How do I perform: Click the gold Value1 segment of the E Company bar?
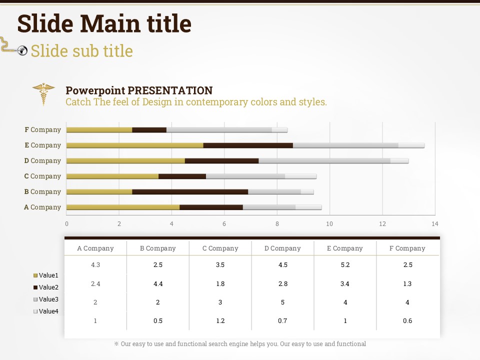click(x=134, y=145)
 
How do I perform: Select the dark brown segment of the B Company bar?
click(x=190, y=192)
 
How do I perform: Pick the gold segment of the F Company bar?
click(x=99, y=130)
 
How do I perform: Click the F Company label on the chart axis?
click(x=43, y=130)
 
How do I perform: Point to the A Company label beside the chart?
click(x=42, y=207)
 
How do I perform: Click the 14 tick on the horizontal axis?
click(x=434, y=224)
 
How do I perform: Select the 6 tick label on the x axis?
click(x=224, y=224)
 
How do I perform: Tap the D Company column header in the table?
click(x=282, y=248)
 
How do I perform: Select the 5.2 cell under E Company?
click(x=345, y=265)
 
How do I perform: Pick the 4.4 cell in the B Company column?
click(x=158, y=284)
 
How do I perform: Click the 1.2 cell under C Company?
click(x=220, y=321)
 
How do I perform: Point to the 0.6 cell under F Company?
click(x=407, y=321)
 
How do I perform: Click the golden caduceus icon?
click(x=44, y=93)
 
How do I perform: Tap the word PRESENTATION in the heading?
click(x=170, y=91)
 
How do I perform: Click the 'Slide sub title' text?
click(x=81, y=51)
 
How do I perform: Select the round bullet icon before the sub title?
click(x=22, y=50)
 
